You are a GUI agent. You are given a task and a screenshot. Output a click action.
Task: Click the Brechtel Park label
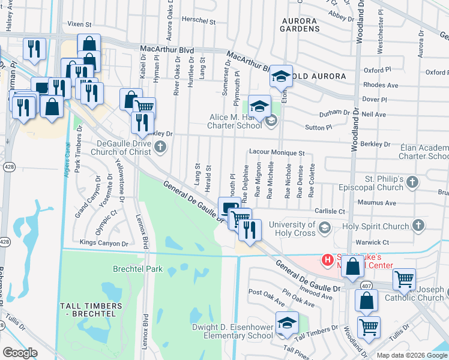pos(138,269)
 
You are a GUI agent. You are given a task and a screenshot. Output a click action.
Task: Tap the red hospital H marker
pos(328,260)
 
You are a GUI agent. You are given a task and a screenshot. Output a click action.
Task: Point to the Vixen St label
pos(79,25)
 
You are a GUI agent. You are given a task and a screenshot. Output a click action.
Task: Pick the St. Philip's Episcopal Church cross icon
pos(412,181)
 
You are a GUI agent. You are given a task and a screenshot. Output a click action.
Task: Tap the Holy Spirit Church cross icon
pos(419,226)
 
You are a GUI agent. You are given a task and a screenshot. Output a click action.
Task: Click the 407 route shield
pos(366,286)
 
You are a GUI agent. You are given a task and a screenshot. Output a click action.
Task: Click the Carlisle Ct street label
pos(330,212)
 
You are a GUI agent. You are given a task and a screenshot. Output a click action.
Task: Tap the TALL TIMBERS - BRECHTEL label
pos(91,310)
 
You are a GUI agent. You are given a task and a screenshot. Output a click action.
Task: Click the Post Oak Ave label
pos(264,293)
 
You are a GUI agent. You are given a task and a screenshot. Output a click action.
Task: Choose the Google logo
pos(21,352)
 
